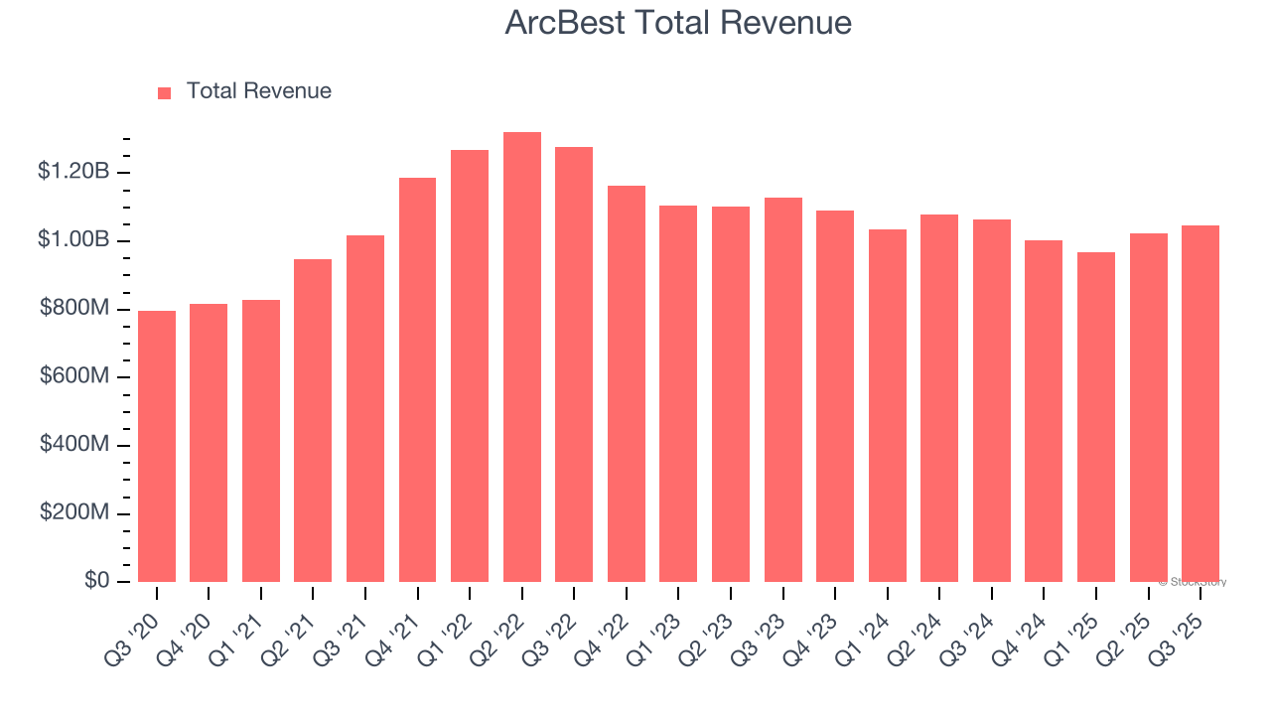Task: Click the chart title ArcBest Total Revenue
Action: click(x=678, y=23)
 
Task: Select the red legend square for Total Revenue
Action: click(x=165, y=92)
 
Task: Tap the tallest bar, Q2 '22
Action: click(x=522, y=357)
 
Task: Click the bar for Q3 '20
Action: click(x=157, y=447)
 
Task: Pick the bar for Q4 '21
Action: click(x=417, y=380)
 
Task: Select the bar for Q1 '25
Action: click(x=1096, y=417)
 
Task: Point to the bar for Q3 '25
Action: click(x=1200, y=404)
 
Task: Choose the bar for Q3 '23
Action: click(x=783, y=390)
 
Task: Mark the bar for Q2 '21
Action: click(x=313, y=421)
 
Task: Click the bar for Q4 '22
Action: click(x=627, y=384)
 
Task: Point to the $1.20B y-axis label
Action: click(x=73, y=172)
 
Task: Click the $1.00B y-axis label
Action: click(x=73, y=240)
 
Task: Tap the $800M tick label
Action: click(x=74, y=309)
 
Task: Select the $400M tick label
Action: click(x=74, y=445)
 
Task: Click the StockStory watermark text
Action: click(x=1193, y=582)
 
